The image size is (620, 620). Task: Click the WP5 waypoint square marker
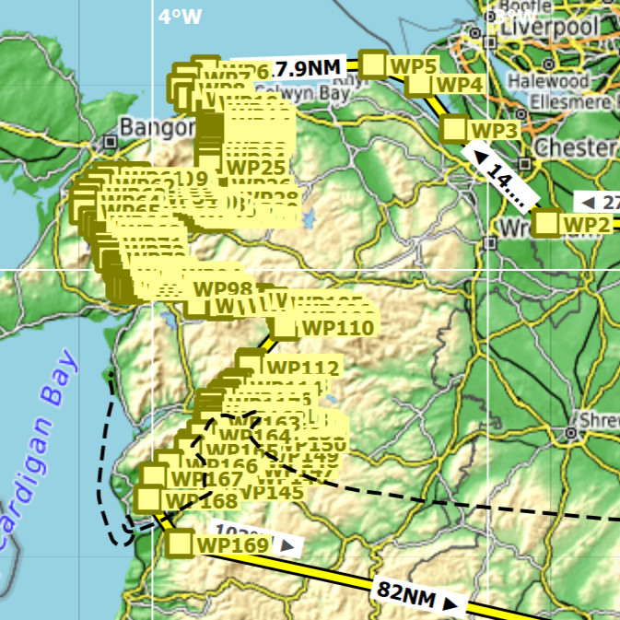coord(373,64)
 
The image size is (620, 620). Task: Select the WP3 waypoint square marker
coord(454,128)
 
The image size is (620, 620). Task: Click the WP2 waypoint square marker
coord(547,223)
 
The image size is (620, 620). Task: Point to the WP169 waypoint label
coord(232,545)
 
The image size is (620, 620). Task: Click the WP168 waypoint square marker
coord(147,499)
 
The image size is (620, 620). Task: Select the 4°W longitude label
coord(179,16)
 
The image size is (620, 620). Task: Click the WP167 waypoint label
coord(206,480)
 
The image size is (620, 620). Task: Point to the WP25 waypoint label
coord(255,167)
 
